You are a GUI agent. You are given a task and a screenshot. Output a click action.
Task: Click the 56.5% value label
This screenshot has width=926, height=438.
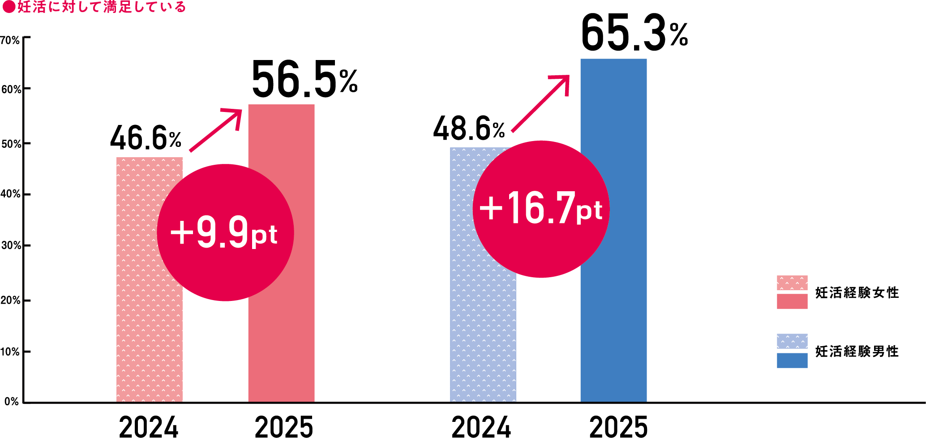click(x=304, y=80)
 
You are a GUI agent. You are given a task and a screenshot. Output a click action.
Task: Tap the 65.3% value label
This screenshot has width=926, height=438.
click(x=634, y=34)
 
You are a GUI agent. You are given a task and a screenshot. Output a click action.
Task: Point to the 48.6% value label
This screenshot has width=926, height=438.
click(x=468, y=129)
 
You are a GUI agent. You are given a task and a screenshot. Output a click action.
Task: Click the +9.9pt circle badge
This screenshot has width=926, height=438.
click(x=225, y=232)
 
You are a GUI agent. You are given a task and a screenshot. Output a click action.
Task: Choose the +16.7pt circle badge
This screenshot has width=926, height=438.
click(x=541, y=209)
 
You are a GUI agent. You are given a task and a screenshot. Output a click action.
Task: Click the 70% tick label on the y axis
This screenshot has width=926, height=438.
click(x=10, y=41)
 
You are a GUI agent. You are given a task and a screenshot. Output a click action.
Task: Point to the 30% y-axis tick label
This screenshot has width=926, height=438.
click(x=11, y=245)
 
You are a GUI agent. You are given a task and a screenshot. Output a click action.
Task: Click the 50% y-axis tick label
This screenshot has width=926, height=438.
click(x=11, y=144)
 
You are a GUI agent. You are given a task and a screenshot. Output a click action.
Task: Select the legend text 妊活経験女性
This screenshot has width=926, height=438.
click(x=857, y=293)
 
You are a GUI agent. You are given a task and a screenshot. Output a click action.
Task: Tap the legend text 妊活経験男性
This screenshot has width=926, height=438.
click(x=857, y=352)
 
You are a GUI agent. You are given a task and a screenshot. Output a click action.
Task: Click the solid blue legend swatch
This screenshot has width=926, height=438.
click(x=792, y=361)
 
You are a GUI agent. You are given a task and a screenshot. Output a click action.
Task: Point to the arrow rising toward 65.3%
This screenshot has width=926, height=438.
click(x=540, y=103)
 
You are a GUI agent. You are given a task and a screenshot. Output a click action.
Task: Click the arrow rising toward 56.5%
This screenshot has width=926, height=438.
click(x=215, y=130)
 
